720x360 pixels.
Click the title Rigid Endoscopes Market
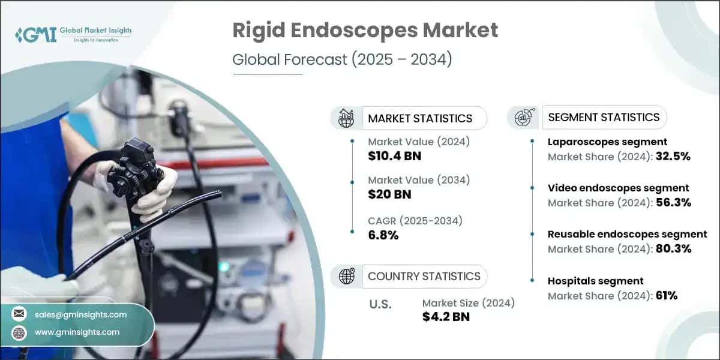[x=365, y=30]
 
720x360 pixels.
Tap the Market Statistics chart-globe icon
[x=346, y=118]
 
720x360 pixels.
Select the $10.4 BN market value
[x=394, y=156]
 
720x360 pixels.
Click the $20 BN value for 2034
[x=389, y=194]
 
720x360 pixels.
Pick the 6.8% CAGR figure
[x=383, y=235]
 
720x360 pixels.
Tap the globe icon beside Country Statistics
[x=346, y=276]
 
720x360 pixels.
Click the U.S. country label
[x=380, y=304]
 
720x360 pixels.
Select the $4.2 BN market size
[x=446, y=317]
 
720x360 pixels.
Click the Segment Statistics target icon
[x=523, y=118]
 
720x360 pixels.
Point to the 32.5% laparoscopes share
[x=673, y=157]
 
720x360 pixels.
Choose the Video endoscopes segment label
[x=619, y=188]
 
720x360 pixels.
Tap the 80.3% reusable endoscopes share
[x=673, y=248]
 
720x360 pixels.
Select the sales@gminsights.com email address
[x=80, y=314]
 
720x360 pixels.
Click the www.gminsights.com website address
[x=77, y=332]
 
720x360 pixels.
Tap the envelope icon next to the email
[x=19, y=314]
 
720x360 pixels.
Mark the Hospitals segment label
[x=596, y=281]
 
